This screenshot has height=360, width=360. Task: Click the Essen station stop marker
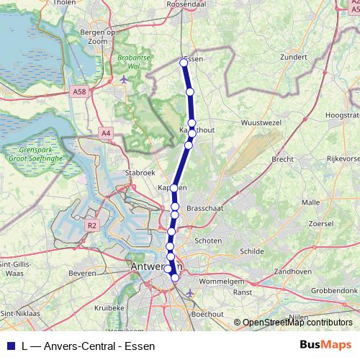184,63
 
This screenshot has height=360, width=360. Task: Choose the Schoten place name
208,241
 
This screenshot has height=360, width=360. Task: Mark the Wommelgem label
222,282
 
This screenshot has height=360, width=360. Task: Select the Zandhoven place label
292,271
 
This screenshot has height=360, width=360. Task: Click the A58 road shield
80,92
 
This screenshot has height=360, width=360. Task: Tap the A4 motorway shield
107,132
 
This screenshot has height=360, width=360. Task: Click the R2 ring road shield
91,225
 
